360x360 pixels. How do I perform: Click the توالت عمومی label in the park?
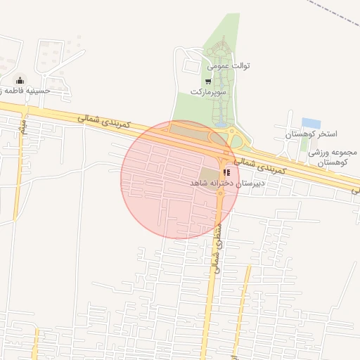[229, 66]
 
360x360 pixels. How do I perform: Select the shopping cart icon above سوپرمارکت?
[207, 82]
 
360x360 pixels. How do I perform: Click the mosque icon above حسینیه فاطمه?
[19, 79]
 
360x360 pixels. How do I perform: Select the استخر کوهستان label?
[312, 133]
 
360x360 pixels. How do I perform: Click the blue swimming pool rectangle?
[311, 123]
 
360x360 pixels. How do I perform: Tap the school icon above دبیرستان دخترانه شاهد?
[226, 172]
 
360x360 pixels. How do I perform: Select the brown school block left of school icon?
[209, 175]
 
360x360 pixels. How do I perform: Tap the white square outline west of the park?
[191, 66]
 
